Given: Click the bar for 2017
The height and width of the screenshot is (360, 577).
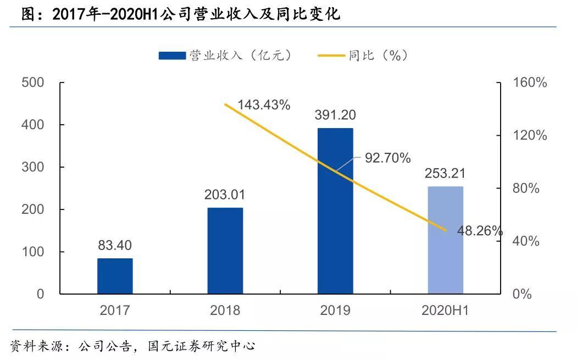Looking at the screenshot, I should (115, 276).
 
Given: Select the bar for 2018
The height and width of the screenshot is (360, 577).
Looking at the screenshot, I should (225, 251).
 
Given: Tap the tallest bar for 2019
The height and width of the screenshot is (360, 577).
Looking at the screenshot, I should (335, 211).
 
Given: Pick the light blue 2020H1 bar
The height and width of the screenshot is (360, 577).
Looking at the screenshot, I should (445, 240).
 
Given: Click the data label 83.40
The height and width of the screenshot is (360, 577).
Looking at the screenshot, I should (115, 245).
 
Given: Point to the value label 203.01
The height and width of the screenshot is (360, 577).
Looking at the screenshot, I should (225, 195).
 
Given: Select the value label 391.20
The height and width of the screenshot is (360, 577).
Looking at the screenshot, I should (335, 115).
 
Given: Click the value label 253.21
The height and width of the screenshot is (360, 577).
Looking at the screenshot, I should (445, 174).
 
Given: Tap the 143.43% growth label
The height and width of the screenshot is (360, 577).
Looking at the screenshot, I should (264, 105).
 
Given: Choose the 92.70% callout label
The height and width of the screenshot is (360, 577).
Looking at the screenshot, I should (388, 158).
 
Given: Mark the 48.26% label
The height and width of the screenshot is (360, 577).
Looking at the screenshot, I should (479, 231).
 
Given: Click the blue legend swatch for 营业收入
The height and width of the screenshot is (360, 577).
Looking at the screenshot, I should (171, 56).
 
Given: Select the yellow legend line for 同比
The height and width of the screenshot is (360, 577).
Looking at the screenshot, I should (331, 56).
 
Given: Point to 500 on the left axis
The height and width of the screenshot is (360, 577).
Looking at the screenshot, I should (32, 82).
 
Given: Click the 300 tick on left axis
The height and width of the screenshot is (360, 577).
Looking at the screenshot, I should (32, 167).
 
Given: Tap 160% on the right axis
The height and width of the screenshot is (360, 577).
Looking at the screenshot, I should (530, 82).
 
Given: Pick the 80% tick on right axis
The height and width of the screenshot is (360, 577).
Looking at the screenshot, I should (526, 189).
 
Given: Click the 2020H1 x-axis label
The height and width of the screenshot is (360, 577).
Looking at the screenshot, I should (445, 311).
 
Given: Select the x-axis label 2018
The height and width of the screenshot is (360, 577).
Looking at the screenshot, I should (225, 311).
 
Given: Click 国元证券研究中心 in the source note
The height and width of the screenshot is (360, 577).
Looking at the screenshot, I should (202, 346).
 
